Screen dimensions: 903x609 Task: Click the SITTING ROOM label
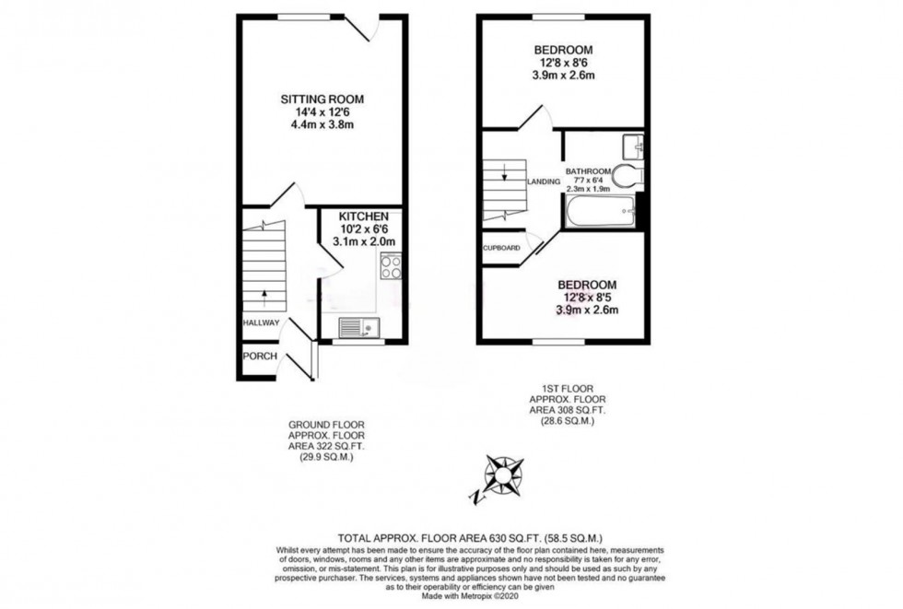322,99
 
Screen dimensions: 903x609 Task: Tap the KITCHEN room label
363,217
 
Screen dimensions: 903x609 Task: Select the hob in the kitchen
391,266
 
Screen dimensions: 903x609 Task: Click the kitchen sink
358,327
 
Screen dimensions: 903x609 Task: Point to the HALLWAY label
261,322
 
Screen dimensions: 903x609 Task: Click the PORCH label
260,357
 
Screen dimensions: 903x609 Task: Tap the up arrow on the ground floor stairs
264,297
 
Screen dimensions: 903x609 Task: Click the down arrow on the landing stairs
505,172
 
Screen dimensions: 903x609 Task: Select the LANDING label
544,182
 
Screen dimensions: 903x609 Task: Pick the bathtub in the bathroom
600,211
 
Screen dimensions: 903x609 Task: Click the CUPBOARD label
501,248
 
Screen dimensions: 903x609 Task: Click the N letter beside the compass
477,498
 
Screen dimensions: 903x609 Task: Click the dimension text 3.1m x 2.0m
364,241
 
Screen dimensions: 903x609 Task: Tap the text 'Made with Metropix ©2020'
470,596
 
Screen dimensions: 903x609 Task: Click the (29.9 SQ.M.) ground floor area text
326,457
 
